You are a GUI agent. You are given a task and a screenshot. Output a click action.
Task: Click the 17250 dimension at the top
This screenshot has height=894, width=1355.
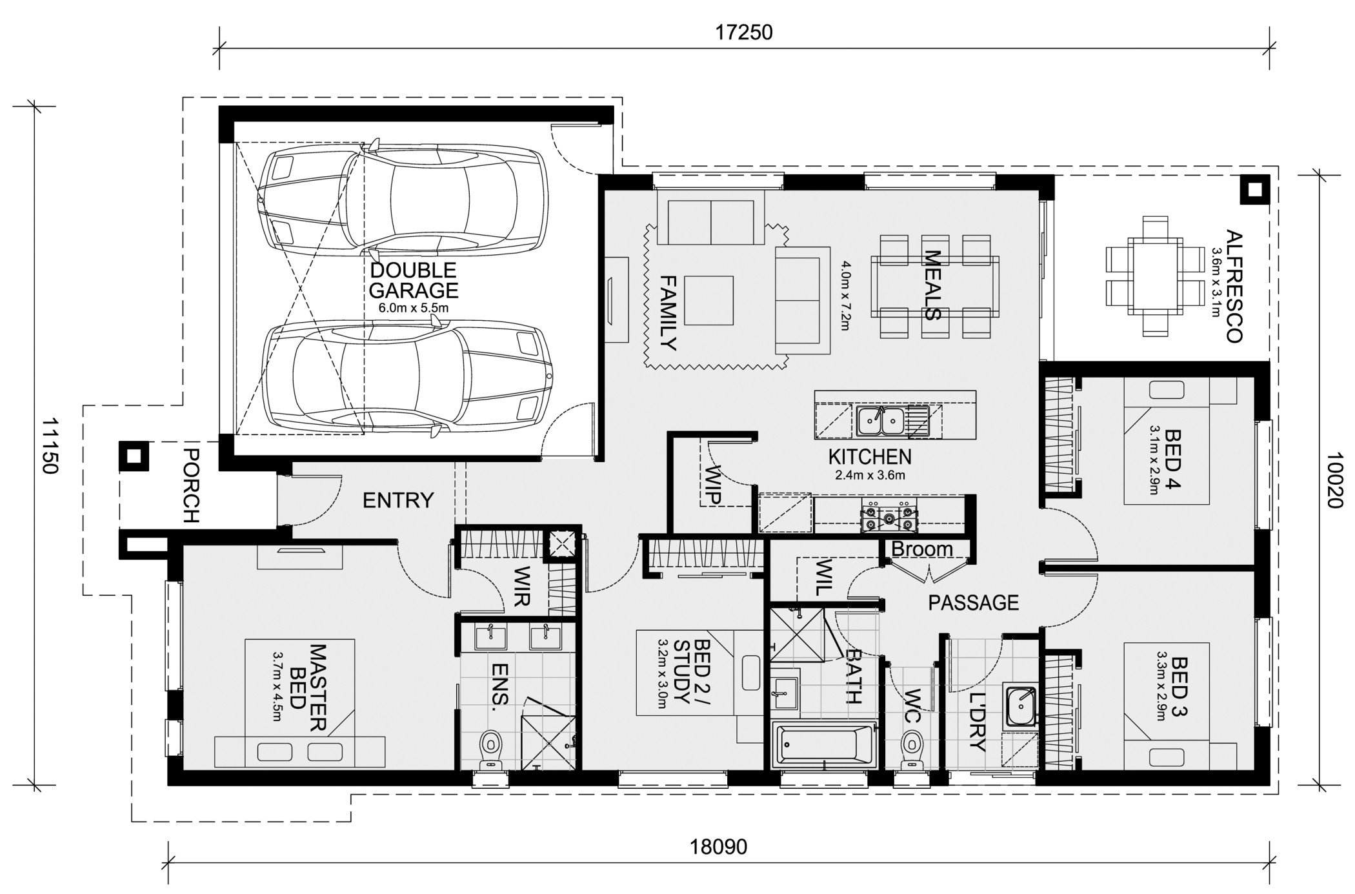point(743,32)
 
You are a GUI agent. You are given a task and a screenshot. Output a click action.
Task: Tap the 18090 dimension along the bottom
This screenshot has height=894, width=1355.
point(719,847)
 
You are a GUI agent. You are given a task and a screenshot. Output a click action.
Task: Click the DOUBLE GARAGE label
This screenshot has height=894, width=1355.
point(414,280)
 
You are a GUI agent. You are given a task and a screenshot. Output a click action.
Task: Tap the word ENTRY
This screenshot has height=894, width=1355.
point(398,500)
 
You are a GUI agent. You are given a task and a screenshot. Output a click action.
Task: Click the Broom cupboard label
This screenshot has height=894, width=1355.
point(922,549)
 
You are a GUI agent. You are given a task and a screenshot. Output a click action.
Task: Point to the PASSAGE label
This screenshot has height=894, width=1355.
point(973,603)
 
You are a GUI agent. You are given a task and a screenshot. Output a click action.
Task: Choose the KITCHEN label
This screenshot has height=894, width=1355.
point(870,457)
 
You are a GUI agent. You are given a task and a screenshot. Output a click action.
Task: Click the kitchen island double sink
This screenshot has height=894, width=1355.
point(880,421)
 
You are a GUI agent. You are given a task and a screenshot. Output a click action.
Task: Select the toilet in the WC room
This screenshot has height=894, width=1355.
point(911,749)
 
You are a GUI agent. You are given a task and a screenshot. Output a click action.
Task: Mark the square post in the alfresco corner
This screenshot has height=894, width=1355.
point(1254,190)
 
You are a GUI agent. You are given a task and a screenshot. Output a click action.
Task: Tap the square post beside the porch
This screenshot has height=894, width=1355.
point(134,456)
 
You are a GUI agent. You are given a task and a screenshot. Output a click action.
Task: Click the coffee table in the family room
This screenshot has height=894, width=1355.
point(708,300)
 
